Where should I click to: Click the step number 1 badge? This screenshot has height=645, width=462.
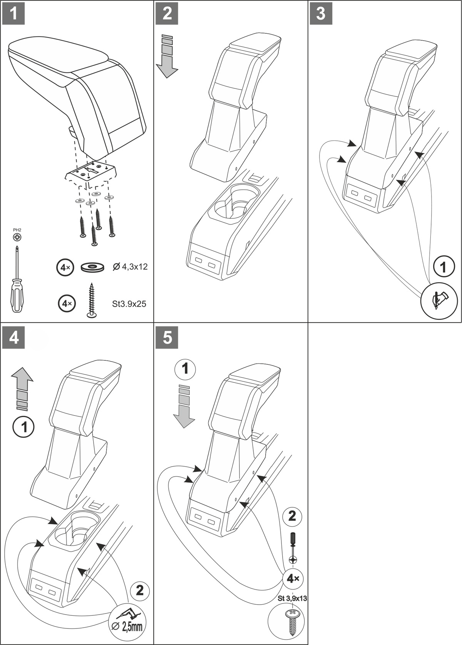13,13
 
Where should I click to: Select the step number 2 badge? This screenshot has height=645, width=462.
167,13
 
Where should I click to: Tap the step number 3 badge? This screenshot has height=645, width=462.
321,13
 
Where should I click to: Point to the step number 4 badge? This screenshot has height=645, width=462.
14,338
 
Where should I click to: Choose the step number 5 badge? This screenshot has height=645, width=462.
167,338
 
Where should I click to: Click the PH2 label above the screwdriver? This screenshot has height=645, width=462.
17,230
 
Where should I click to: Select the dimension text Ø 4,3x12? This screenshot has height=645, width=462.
130,267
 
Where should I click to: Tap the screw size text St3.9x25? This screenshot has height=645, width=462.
129,304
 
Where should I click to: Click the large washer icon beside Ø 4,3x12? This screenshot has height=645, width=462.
93,267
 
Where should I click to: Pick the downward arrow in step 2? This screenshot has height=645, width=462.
167,56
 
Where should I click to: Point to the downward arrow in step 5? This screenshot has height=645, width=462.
184,406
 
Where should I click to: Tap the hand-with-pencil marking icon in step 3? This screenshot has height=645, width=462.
439,300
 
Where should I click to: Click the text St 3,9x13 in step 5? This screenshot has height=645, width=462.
292,598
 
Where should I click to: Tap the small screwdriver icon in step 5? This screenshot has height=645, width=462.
293,547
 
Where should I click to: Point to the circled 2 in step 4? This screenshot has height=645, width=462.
139,590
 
